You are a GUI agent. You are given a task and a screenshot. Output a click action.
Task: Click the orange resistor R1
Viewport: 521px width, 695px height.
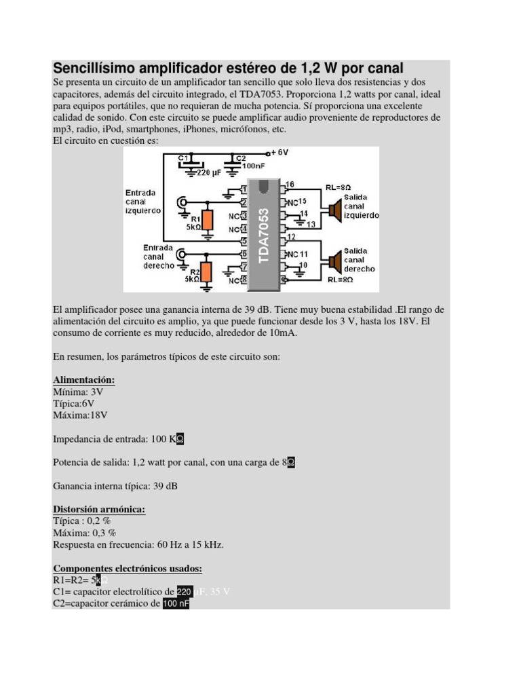[208, 220]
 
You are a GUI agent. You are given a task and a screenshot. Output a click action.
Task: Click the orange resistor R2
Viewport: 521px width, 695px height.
[208, 271]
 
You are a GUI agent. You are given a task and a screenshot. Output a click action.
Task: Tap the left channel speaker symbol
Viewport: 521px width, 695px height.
[334, 210]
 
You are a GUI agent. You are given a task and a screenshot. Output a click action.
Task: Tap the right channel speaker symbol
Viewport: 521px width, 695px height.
[334, 261]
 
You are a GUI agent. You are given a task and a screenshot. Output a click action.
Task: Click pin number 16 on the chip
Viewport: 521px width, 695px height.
[290, 185]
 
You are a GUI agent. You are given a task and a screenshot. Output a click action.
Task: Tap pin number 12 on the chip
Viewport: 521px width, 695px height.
[290, 236]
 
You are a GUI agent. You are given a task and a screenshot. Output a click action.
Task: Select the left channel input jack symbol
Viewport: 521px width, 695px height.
[182, 202]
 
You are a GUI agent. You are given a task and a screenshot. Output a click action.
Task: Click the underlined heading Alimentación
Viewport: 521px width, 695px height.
[83, 380]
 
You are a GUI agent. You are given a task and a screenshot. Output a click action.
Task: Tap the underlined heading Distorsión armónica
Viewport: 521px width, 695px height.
[99, 509]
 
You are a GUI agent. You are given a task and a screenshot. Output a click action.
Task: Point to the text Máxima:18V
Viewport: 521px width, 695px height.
[80, 415]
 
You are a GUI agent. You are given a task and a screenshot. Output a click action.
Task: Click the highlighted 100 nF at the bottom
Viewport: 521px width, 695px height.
[176, 603]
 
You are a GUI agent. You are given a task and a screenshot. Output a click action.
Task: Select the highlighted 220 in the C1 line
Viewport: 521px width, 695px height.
[185, 592]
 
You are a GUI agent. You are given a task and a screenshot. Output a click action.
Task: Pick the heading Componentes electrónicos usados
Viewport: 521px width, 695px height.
[127, 569]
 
